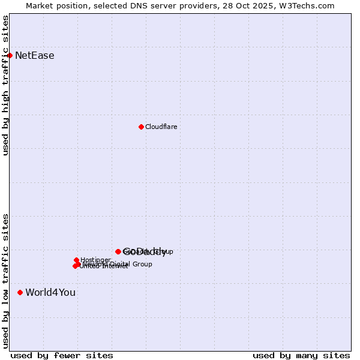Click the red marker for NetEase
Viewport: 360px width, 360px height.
pos(10,55)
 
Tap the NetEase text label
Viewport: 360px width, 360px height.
pos(35,56)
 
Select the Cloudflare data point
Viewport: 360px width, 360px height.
pos(141,127)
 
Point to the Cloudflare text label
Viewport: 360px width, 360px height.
pos(161,127)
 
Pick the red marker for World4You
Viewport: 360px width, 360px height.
pos(20,292)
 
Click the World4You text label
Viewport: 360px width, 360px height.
pos(50,293)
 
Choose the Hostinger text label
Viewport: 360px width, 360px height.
pos(95,260)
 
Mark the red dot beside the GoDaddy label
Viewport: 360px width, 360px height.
pos(118,251)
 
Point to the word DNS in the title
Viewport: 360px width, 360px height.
pos(127,5)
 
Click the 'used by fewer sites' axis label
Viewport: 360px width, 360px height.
pos(62,355)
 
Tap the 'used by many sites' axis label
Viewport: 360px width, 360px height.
pos(301,355)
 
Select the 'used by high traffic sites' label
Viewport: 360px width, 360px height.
pos(5,85)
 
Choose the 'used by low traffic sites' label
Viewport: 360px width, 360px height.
pos(5,280)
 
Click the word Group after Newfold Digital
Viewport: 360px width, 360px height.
pos(142,264)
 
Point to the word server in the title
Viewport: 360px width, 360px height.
pos(152,5)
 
